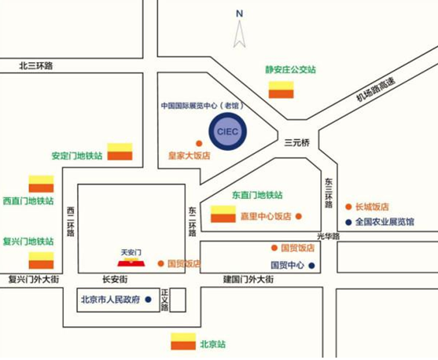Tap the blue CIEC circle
pos(228,131)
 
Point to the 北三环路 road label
pos(36,65)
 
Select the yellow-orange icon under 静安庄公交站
pos(281,90)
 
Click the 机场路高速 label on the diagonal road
pos(376,90)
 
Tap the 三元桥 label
pos(297,143)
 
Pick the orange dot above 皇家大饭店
pos(199,144)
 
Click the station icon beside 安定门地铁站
pos(120,152)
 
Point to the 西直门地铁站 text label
pos(28,200)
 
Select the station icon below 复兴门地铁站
pos(41,260)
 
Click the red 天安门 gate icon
pos(131,263)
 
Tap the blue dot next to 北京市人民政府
pos(149,299)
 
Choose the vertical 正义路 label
pos(165,300)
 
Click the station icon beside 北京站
pos(183,341)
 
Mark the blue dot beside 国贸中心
pos(311,266)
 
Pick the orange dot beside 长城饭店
pos(348,207)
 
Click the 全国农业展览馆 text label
pos(385,222)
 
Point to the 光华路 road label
pos(329,237)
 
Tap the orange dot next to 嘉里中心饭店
pos(299,216)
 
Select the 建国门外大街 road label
pos(248,279)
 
